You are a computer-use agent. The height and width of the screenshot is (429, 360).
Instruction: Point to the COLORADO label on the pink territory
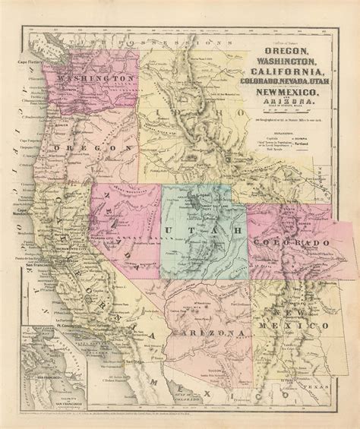(288, 242)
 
